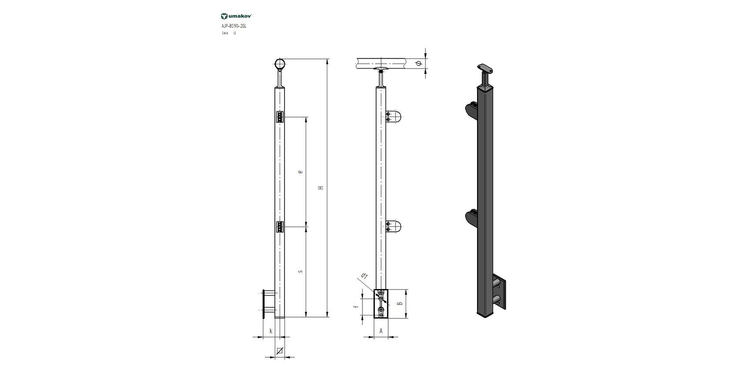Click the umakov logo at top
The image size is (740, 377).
click(x=236, y=16)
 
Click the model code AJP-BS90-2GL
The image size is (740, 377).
click(x=234, y=26)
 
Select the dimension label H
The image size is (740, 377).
click(x=321, y=188)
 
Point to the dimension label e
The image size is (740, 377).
click(x=300, y=172)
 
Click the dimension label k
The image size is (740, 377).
click(x=270, y=331)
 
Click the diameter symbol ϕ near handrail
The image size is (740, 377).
click(x=418, y=64)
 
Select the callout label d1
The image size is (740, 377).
click(x=365, y=276)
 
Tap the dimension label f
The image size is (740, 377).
click(x=355, y=307)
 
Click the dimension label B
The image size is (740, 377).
click(x=400, y=304)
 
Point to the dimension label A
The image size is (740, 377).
click(x=381, y=331)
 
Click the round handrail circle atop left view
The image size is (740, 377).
click(x=280, y=64)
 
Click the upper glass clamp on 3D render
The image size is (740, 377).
click(x=471, y=110)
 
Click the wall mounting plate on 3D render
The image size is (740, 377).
click(x=500, y=292)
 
